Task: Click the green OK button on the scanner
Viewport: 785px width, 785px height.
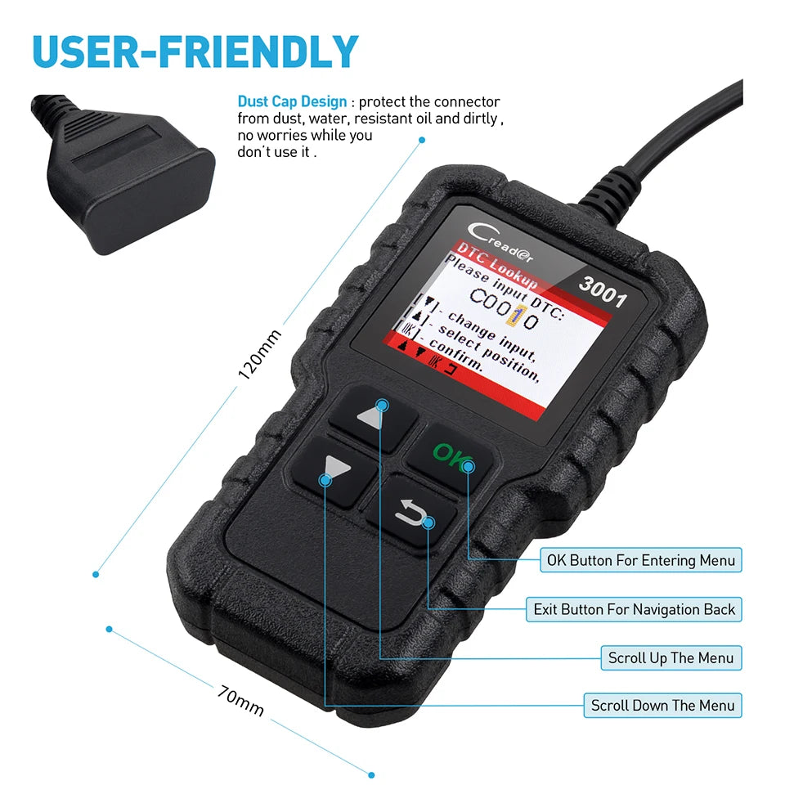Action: tap(449, 455)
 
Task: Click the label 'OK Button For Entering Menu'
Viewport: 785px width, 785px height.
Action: tap(640, 560)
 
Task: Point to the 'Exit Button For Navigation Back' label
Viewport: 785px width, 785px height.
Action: tap(634, 609)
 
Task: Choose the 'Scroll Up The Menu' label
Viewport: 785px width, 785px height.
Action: tap(671, 657)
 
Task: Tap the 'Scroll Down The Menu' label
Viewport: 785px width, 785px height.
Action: tap(662, 705)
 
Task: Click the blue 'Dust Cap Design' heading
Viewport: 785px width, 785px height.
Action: tap(292, 102)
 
